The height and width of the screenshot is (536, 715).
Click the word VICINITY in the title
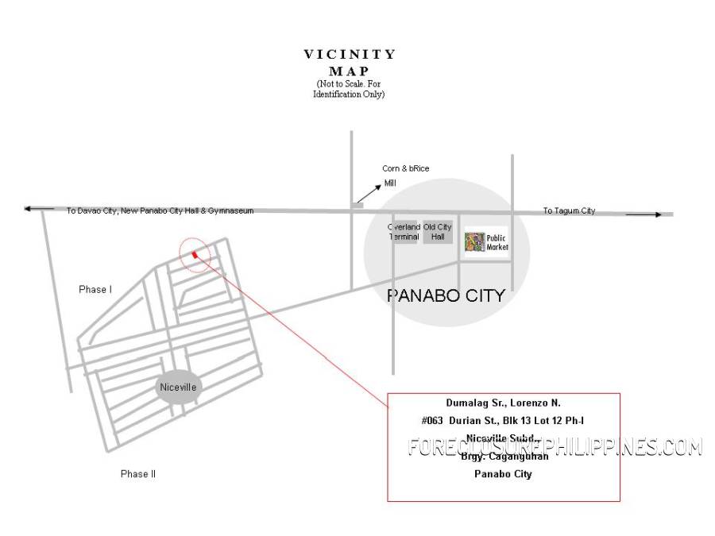click(x=350, y=55)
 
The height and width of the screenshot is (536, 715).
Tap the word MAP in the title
click(x=349, y=71)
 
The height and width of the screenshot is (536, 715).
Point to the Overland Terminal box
click(x=404, y=232)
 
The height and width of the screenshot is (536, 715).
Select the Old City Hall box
click(x=438, y=232)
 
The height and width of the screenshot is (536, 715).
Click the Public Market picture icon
click(x=474, y=241)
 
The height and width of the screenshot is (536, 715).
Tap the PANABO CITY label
click(x=446, y=295)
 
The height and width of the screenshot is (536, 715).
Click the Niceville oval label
click(x=178, y=388)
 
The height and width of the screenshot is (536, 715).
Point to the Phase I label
click(x=95, y=290)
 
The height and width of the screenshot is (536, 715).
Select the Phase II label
click(x=138, y=474)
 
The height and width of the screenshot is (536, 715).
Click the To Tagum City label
click(x=569, y=210)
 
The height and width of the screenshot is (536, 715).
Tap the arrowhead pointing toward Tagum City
click(x=656, y=214)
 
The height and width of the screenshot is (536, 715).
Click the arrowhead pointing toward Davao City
click(x=29, y=209)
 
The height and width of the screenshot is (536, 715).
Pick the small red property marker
click(x=195, y=255)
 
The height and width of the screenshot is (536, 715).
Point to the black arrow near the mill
click(x=368, y=191)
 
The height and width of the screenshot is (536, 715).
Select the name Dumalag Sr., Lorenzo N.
click(x=504, y=403)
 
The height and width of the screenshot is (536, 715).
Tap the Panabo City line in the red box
click(x=503, y=474)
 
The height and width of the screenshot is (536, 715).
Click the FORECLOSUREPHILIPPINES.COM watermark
click(x=555, y=447)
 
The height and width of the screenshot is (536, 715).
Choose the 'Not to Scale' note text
click(x=349, y=89)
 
